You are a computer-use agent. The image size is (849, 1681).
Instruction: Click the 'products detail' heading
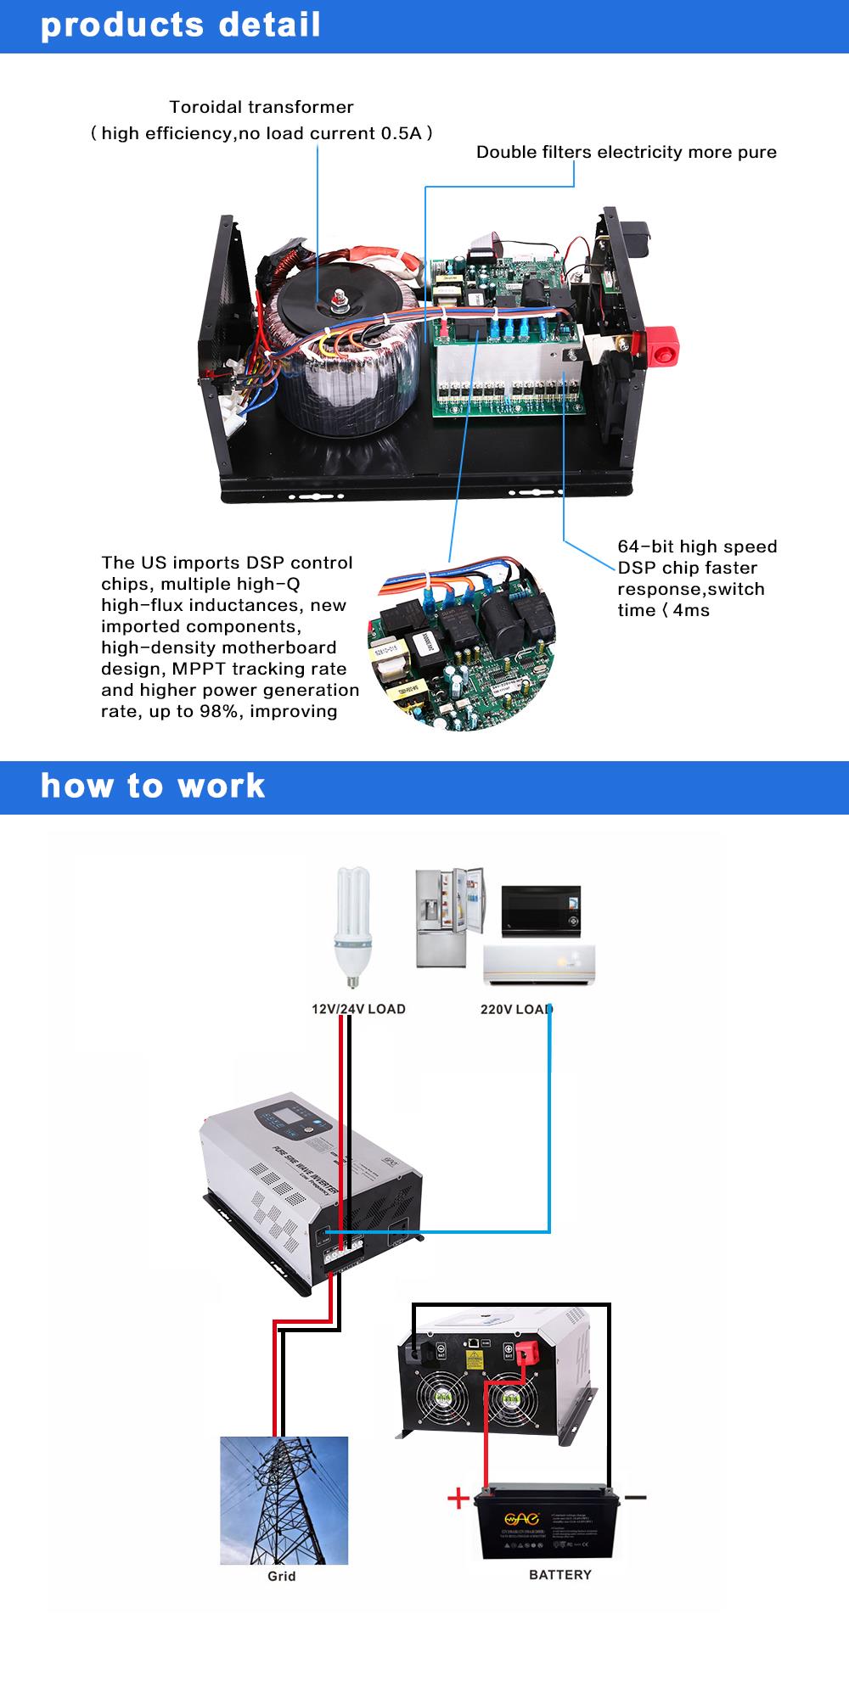(x=181, y=25)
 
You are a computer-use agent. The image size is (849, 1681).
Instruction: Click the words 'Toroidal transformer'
(x=261, y=107)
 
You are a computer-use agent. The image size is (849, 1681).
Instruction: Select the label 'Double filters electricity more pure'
(x=626, y=152)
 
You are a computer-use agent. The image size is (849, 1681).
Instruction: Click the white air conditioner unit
(x=539, y=965)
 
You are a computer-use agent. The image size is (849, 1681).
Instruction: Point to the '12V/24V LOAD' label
(x=358, y=1009)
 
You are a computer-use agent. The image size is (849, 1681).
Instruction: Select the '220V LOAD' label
(x=516, y=1009)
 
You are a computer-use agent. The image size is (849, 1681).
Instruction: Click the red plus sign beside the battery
(x=458, y=1498)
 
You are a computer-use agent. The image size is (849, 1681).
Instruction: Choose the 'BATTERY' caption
(x=559, y=1574)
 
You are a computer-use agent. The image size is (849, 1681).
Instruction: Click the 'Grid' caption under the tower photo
(x=281, y=1576)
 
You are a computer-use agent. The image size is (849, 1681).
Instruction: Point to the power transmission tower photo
(x=284, y=1499)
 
